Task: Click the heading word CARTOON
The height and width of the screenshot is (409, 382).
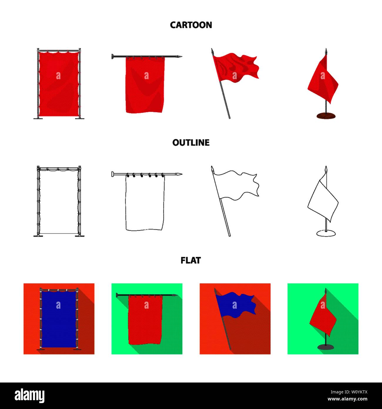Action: (x=191, y=25)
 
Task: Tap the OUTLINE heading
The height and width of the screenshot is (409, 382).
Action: (x=191, y=143)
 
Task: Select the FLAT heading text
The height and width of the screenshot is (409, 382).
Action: (x=191, y=260)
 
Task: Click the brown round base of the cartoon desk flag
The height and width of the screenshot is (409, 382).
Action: (x=326, y=116)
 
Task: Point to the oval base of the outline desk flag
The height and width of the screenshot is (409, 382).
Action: (x=326, y=233)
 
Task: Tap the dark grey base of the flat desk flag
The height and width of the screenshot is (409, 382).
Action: (x=326, y=347)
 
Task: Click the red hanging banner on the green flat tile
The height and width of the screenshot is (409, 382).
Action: (x=145, y=320)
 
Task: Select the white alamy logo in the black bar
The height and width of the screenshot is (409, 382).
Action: (x=29, y=396)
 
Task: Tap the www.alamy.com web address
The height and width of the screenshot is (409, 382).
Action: (x=347, y=399)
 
